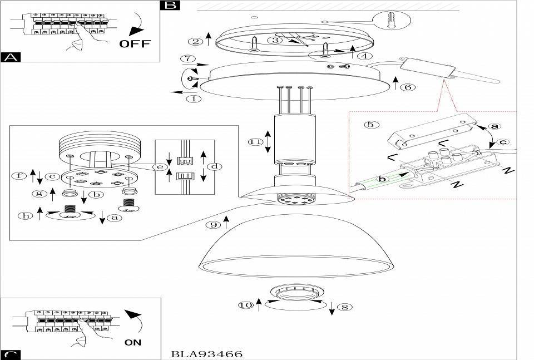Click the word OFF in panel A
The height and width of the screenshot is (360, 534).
click(x=135, y=43)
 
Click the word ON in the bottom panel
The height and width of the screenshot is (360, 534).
click(x=133, y=342)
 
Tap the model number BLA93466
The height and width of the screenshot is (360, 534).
click(x=207, y=354)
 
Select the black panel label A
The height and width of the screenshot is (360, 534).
click(x=11, y=57)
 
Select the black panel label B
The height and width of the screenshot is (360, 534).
click(x=170, y=5)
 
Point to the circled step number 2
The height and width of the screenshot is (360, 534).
click(x=195, y=42)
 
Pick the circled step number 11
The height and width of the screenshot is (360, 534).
click(x=255, y=142)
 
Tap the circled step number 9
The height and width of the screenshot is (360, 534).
click(x=214, y=224)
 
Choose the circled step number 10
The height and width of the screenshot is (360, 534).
click(x=245, y=305)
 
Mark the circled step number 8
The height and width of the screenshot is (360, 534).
click(x=345, y=307)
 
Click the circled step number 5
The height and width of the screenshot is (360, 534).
click(x=371, y=124)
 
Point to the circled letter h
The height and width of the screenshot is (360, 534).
click(x=26, y=215)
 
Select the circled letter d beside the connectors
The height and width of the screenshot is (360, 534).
click(x=215, y=166)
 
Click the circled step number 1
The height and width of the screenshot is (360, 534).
click(x=194, y=99)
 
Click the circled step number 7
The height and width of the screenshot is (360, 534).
click(x=188, y=58)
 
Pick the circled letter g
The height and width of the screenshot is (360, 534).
click(x=39, y=194)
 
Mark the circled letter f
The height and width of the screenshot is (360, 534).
click(x=19, y=176)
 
